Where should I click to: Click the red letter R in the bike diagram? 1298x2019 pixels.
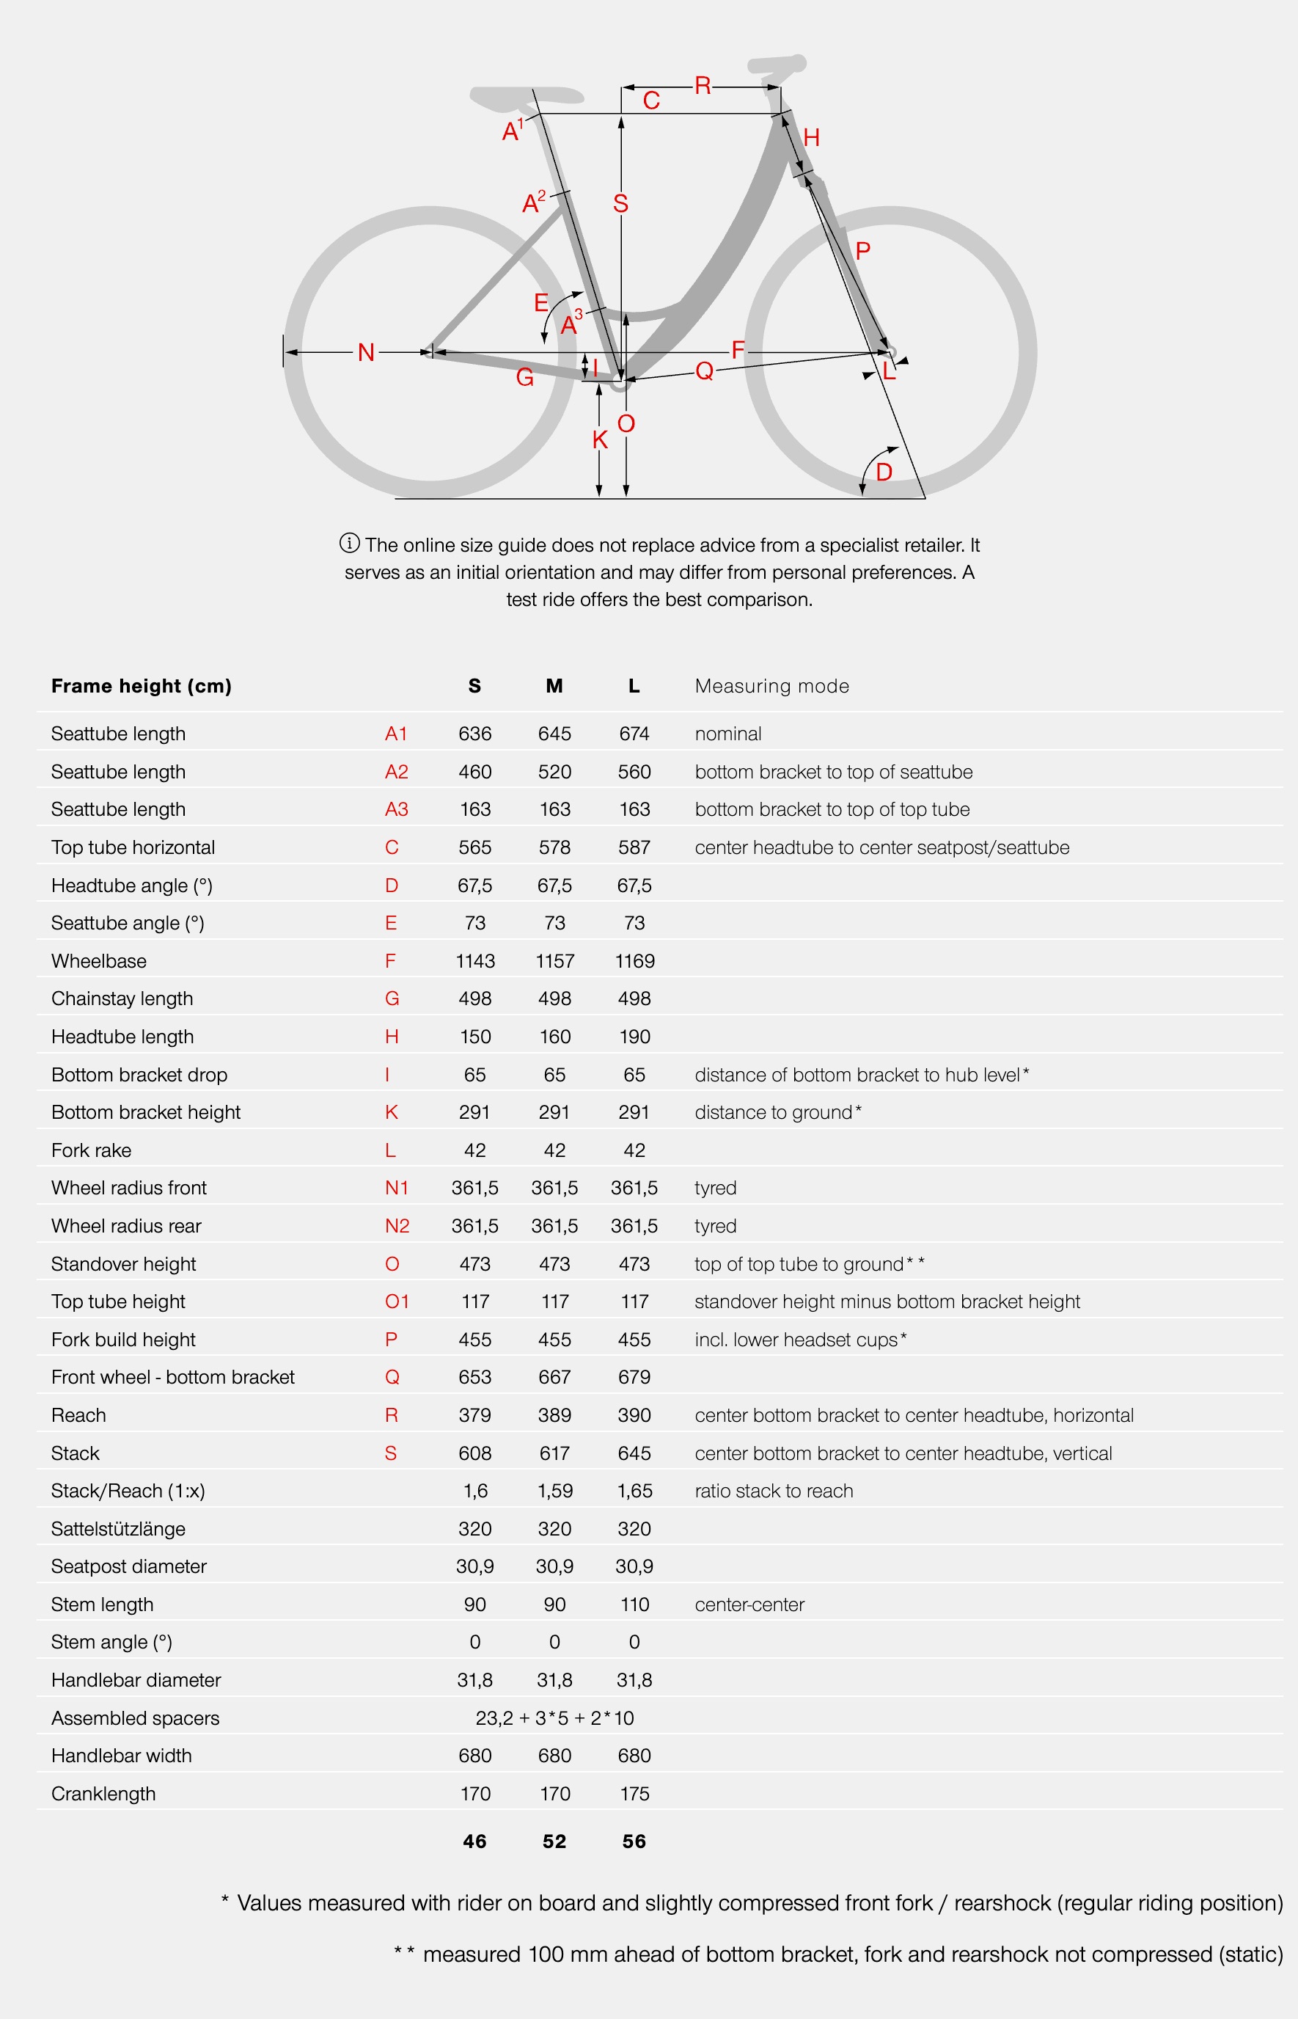click(702, 85)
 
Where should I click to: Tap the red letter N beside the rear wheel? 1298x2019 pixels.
click(366, 352)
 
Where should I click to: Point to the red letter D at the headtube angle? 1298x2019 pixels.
click(884, 472)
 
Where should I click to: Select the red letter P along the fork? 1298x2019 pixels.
click(862, 250)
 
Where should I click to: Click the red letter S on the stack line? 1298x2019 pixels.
click(620, 203)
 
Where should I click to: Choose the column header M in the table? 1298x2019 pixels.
click(554, 686)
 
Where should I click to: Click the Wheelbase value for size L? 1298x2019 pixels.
click(634, 961)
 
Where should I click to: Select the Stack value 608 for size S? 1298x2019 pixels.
click(474, 1453)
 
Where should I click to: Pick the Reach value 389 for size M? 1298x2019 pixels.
click(554, 1415)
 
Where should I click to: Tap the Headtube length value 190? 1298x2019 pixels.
click(634, 1037)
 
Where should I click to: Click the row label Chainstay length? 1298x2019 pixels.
click(122, 999)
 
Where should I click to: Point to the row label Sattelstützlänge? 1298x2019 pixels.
click(118, 1529)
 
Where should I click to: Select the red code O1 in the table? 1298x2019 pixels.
click(396, 1301)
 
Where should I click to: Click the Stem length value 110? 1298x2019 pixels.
click(634, 1604)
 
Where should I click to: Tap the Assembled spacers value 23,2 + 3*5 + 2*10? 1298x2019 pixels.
click(554, 1718)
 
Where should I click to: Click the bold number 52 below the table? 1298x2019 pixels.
click(554, 1842)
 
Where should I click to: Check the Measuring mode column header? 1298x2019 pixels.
click(771, 686)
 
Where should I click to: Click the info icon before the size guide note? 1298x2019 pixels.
click(349, 543)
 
